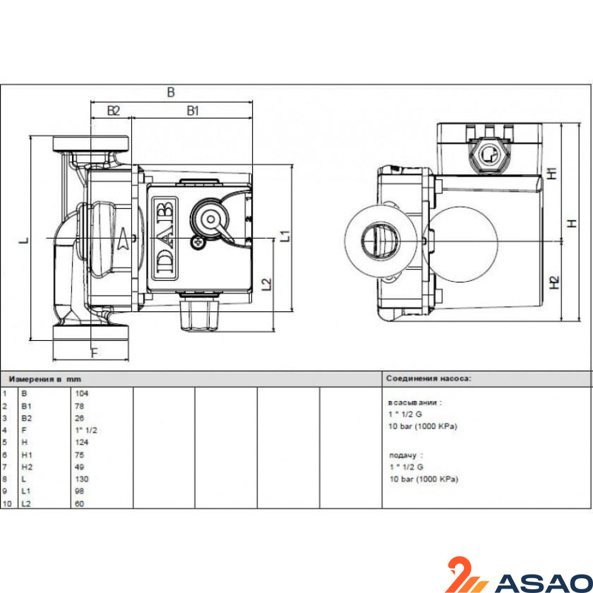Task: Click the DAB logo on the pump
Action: (x=165, y=239)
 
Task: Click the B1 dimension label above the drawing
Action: (x=193, y=110)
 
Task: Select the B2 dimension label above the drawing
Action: (x=113, y=110)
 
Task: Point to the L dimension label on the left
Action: (x=24, y=240)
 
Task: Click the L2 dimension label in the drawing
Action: (x=267, y=285)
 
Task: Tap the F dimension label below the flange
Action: (x=95, y=353)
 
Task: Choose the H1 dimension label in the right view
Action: (x=552, y=173)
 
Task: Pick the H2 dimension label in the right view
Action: (x=554, y=282)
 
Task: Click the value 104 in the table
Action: (x=82, y=394)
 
